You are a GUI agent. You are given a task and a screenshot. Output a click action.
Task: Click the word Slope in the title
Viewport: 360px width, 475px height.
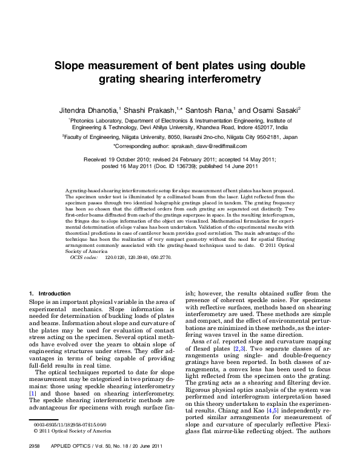pos(73,66)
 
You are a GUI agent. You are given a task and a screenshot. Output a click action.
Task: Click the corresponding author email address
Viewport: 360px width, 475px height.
pos(204,147)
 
